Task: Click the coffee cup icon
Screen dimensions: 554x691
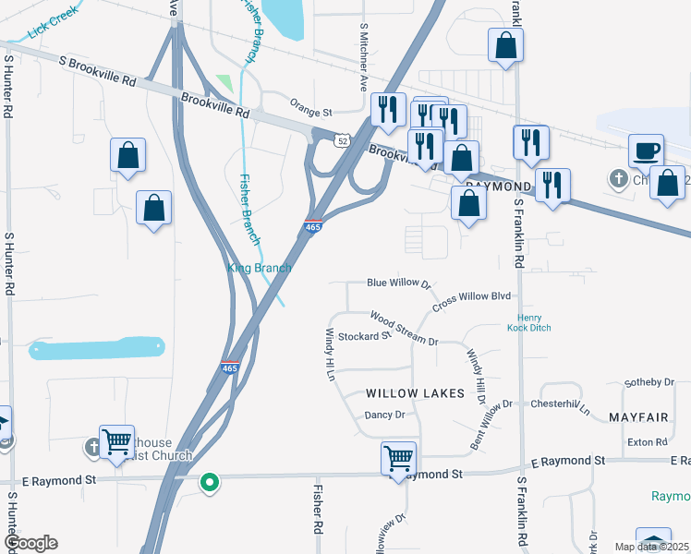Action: coord(646,151)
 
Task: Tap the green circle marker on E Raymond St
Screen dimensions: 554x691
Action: coord(210,481)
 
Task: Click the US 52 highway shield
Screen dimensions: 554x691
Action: coord(343,140)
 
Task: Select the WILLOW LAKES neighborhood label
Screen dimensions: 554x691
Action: coord(415,393)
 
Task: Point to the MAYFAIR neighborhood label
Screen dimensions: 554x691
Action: coord(638,417)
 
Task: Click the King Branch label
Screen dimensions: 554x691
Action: coord(260,268)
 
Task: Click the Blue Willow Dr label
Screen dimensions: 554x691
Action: coord(399,283)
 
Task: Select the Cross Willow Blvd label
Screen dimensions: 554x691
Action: coord(471,298)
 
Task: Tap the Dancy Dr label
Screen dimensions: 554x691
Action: coord(385,415)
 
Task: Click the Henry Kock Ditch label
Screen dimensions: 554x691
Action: coord(528,322)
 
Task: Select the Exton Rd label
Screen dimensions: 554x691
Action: coord(649,442)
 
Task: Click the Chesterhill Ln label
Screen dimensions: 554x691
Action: coord(559,404)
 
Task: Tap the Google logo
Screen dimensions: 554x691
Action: coord(30,543)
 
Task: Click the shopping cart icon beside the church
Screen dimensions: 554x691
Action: coord(117,442)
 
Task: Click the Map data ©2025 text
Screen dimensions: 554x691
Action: coord(651,547)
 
